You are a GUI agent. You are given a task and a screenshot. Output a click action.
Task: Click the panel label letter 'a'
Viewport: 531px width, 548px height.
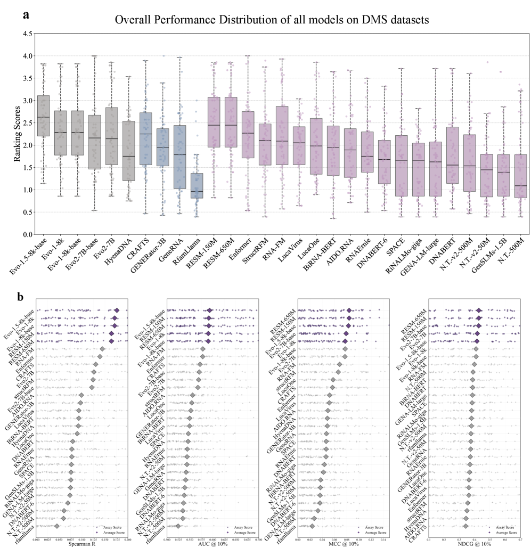[26, 14]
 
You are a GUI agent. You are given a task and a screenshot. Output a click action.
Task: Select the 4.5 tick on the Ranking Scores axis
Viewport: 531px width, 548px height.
[29, 34]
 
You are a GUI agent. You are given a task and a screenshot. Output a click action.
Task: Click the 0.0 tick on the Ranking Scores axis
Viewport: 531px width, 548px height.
[29, 234]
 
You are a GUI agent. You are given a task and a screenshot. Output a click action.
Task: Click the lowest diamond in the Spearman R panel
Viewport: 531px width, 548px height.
[57, 526]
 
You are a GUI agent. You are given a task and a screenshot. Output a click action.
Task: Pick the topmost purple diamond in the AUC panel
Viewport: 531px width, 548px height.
[210, 310]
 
